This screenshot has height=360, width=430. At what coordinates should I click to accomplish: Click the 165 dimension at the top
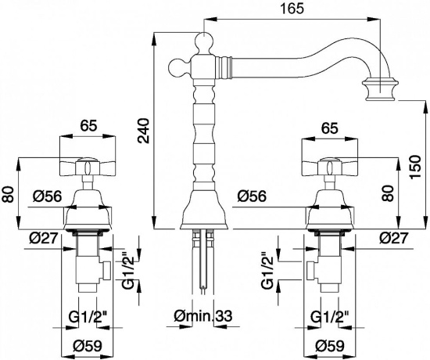(x=292, y=9)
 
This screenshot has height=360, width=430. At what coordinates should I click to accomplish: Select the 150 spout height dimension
(x=415, y=167)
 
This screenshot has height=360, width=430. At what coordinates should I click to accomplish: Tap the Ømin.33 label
(x=203, y=316)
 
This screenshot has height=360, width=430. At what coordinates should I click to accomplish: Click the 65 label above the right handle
(x=329, y=128)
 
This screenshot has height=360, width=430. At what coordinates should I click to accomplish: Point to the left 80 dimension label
(x=8, y=194)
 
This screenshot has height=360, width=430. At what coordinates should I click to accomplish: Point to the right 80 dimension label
(x=389, y=193)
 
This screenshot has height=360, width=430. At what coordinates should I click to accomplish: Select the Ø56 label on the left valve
(x=47, y=196)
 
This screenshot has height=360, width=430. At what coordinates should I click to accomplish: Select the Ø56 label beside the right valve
(x=252, y=196)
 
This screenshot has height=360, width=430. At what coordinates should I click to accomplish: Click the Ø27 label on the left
(x=44, y=238)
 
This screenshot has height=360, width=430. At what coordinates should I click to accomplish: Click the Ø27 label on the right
(x=394, y=238)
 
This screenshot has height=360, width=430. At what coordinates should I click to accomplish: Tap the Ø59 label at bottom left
(x=88, y=346)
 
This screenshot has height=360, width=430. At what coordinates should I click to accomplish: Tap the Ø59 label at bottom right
(x=330, y=346)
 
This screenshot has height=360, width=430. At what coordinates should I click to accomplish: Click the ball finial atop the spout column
(x=204, y=41)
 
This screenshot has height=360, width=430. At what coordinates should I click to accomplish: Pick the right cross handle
(x=329, y=166)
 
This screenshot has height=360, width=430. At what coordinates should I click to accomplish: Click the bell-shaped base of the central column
(x=204, y=209)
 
